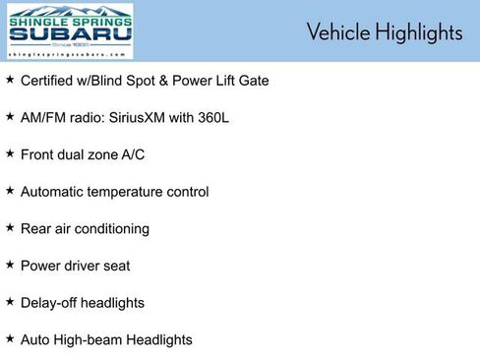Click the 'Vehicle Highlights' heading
click(x=384, y=31)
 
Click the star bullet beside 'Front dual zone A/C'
click(x=10, y=153)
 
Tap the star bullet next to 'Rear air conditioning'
click(x=10, y=227)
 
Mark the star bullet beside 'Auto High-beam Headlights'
click(x=10, y=338)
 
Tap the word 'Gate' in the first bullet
click(x=252, y=80)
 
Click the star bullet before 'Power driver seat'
click(x=10, y=265)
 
